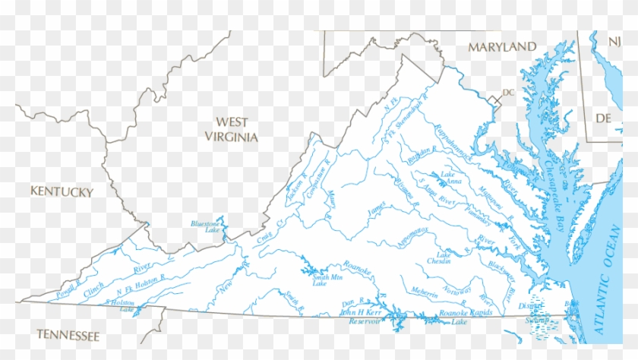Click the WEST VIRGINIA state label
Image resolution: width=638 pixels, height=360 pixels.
click(232, 129)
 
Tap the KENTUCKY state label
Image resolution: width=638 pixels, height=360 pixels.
click(62, 191)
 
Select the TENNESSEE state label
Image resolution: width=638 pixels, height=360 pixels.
click(68, 335)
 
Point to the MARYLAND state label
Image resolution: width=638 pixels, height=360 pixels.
click(501, 47)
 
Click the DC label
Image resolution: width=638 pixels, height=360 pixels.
click(508, 93)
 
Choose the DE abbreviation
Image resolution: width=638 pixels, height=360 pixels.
click(603, 118)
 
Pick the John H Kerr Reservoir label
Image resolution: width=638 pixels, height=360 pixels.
click(360, 317)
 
